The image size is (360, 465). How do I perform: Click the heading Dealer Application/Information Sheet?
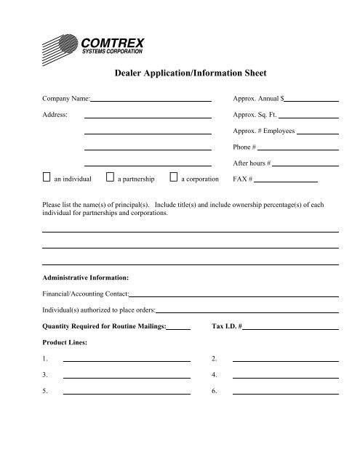click(x=181, y=73)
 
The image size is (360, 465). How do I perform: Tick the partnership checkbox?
click(x=110, y=177)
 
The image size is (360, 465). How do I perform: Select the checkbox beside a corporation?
click(x=173, y=177)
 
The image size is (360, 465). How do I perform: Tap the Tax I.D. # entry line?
click(x=291, y=328)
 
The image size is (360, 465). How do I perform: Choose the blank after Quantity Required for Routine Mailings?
click(x=179, y=328)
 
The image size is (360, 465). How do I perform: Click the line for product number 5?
click(x=127, y=392)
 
